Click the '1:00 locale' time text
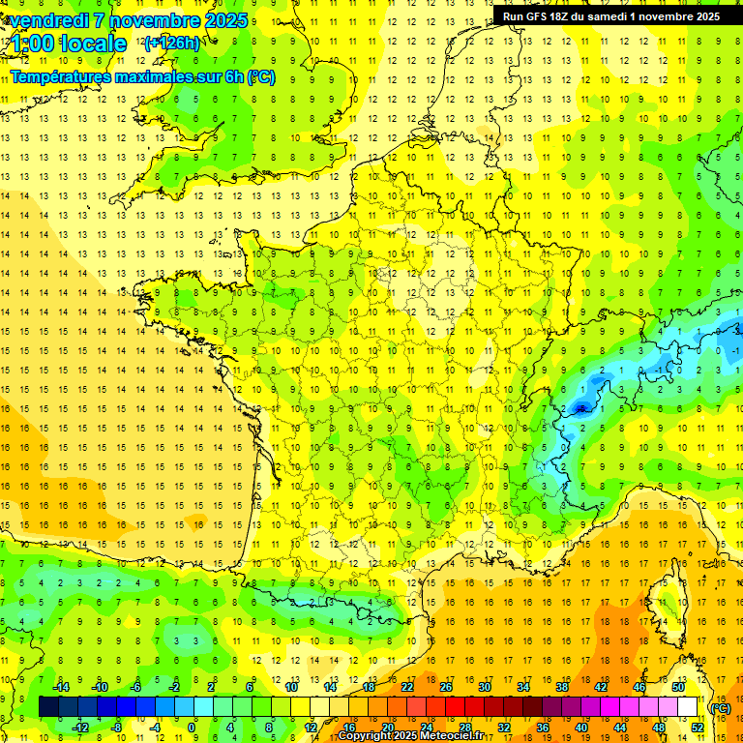pos(70,45)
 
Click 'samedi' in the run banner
pos(621,16)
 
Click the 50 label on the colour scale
pos(678,687)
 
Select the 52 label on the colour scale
pos(697,727)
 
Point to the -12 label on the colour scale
pos(80,727)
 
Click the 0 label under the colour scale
pos(192,727)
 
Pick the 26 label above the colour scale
pos(445,687)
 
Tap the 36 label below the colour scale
pos(542,727)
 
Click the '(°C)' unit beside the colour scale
pos(720,707)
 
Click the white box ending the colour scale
pos(688,706)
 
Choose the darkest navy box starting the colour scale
pos(48,706)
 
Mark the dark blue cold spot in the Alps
pos(580,408)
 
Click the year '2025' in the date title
pos(223,20)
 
